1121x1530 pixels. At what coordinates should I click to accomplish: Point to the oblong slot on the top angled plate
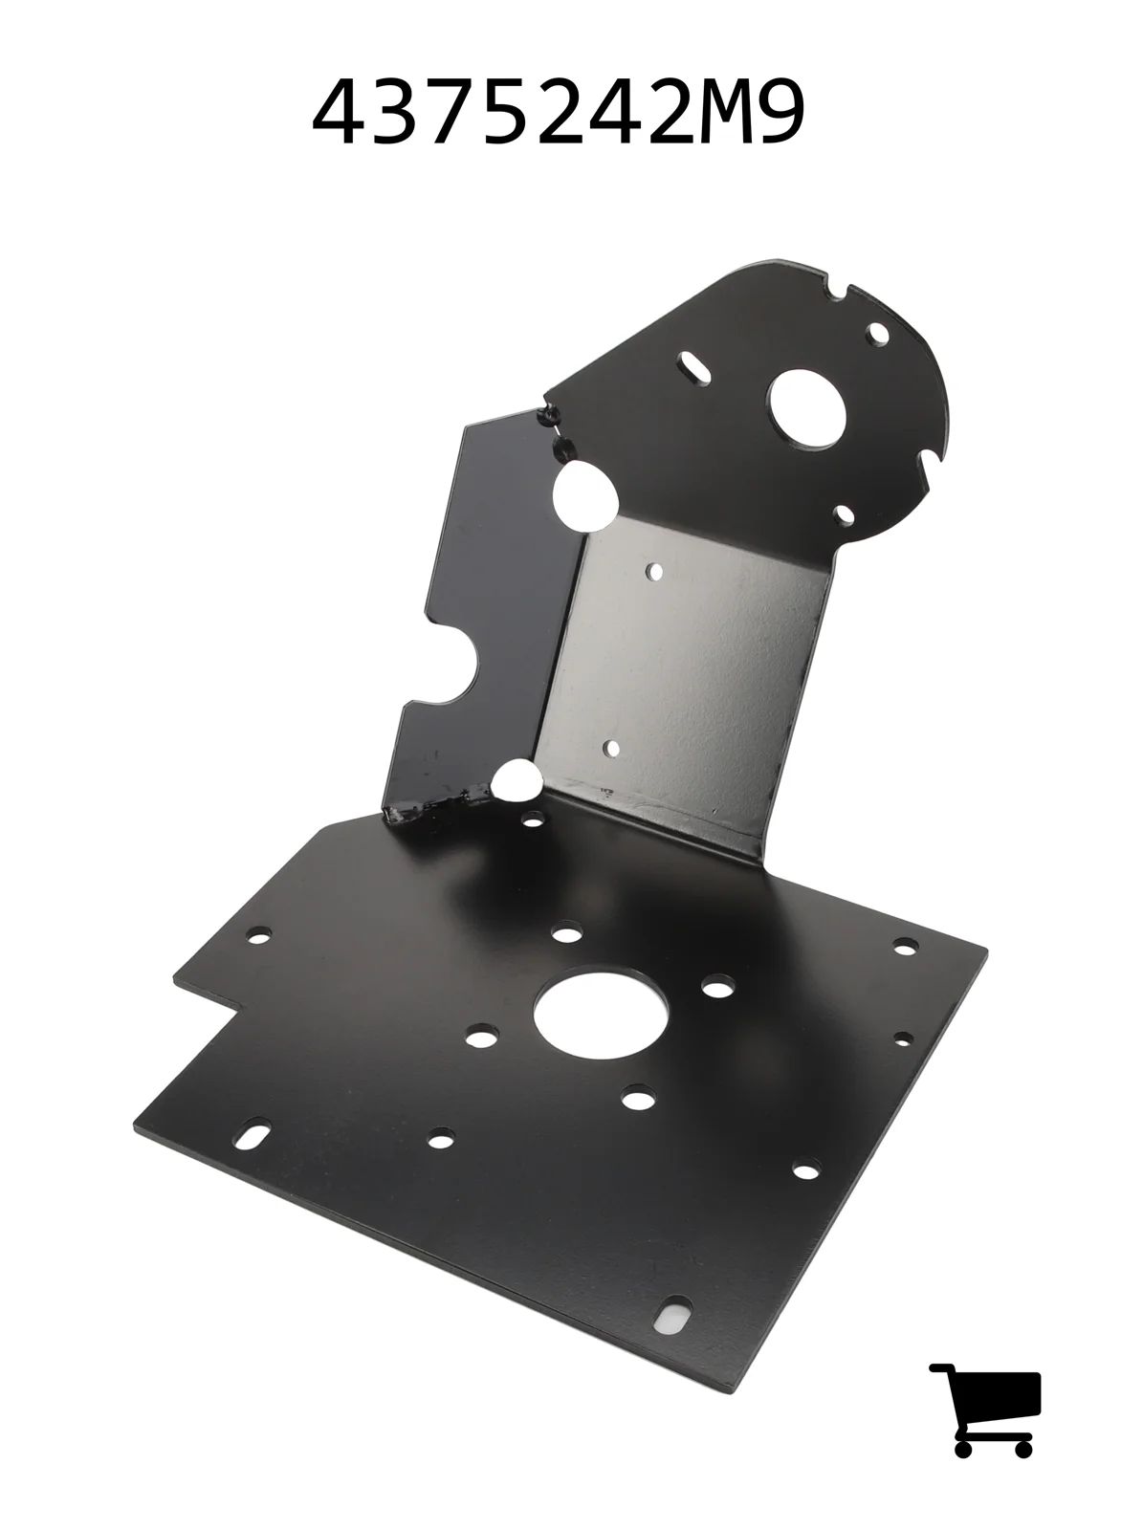tap(694, 362)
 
